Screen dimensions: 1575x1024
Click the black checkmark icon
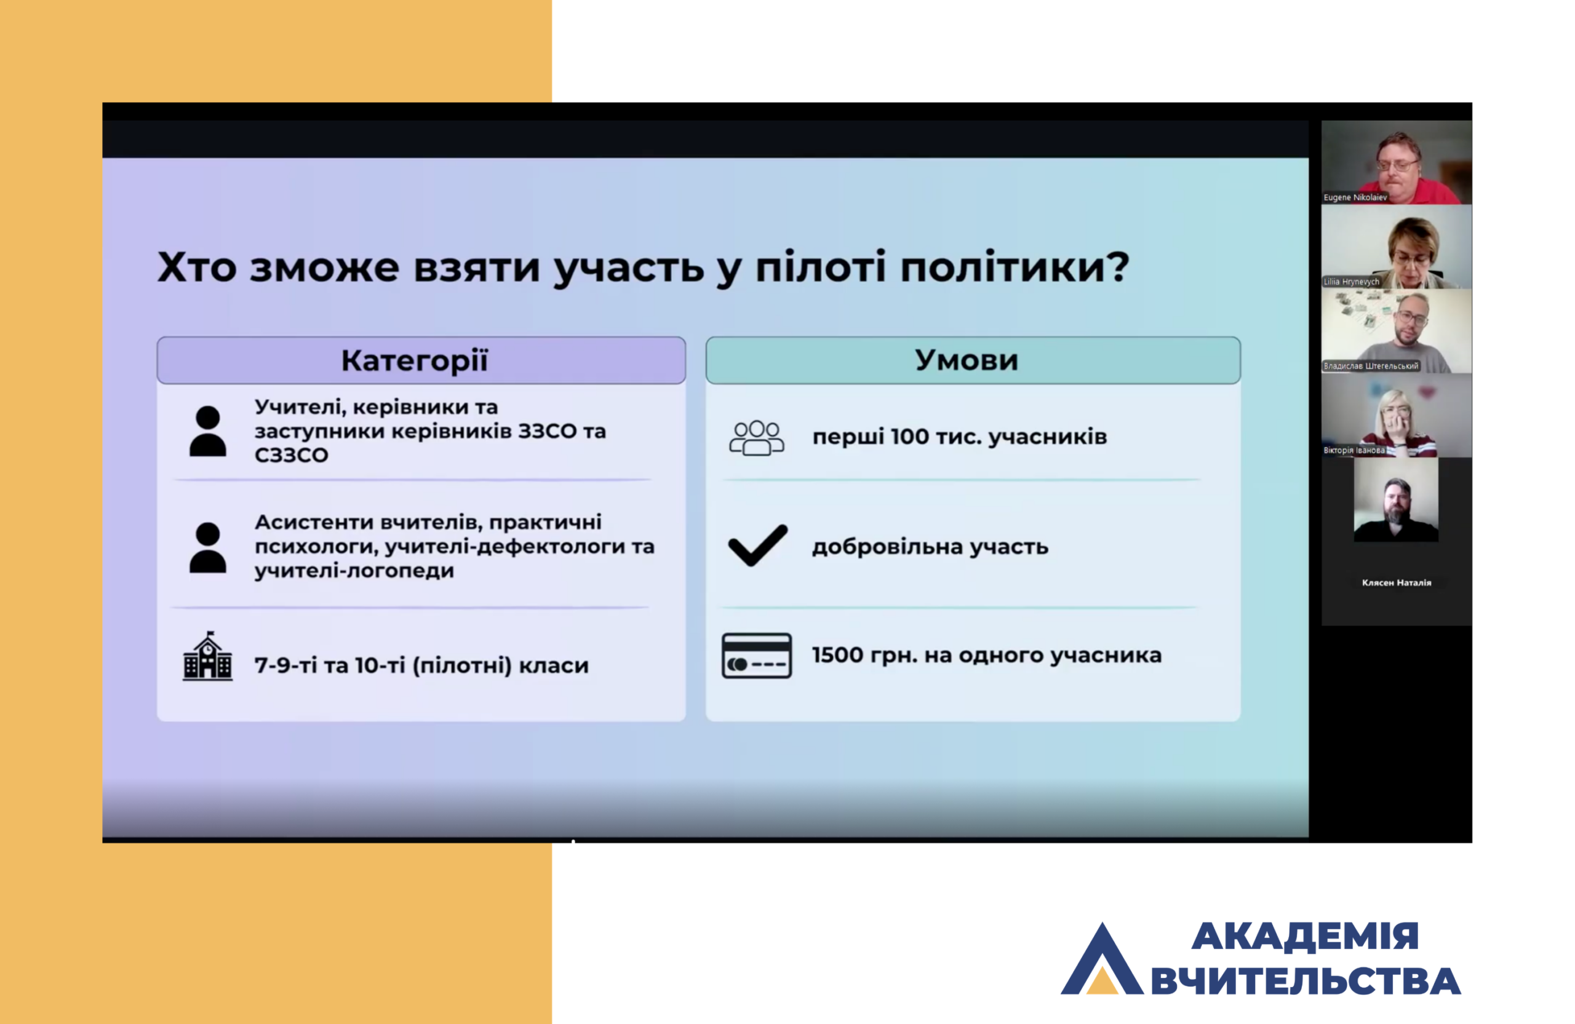[758, 545]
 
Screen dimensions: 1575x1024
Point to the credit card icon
[756, 656]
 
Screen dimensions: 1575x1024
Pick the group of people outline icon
[756, 438]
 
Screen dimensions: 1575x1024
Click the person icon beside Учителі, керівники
[208, 431]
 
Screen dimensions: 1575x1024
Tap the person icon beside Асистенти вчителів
[208, 547]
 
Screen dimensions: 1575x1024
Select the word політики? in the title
[1015, 268]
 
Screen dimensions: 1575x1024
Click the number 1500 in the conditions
[838, 655]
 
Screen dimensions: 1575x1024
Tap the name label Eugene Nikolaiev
[1355, 197]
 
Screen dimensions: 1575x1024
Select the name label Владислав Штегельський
[1371, 366]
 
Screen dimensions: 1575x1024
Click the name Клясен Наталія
[1397, 583]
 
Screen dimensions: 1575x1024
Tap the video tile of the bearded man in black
[1397, 500]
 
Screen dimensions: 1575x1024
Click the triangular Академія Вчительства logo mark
[1102, 959]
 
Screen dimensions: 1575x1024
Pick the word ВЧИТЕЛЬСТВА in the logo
[1306, 981]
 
